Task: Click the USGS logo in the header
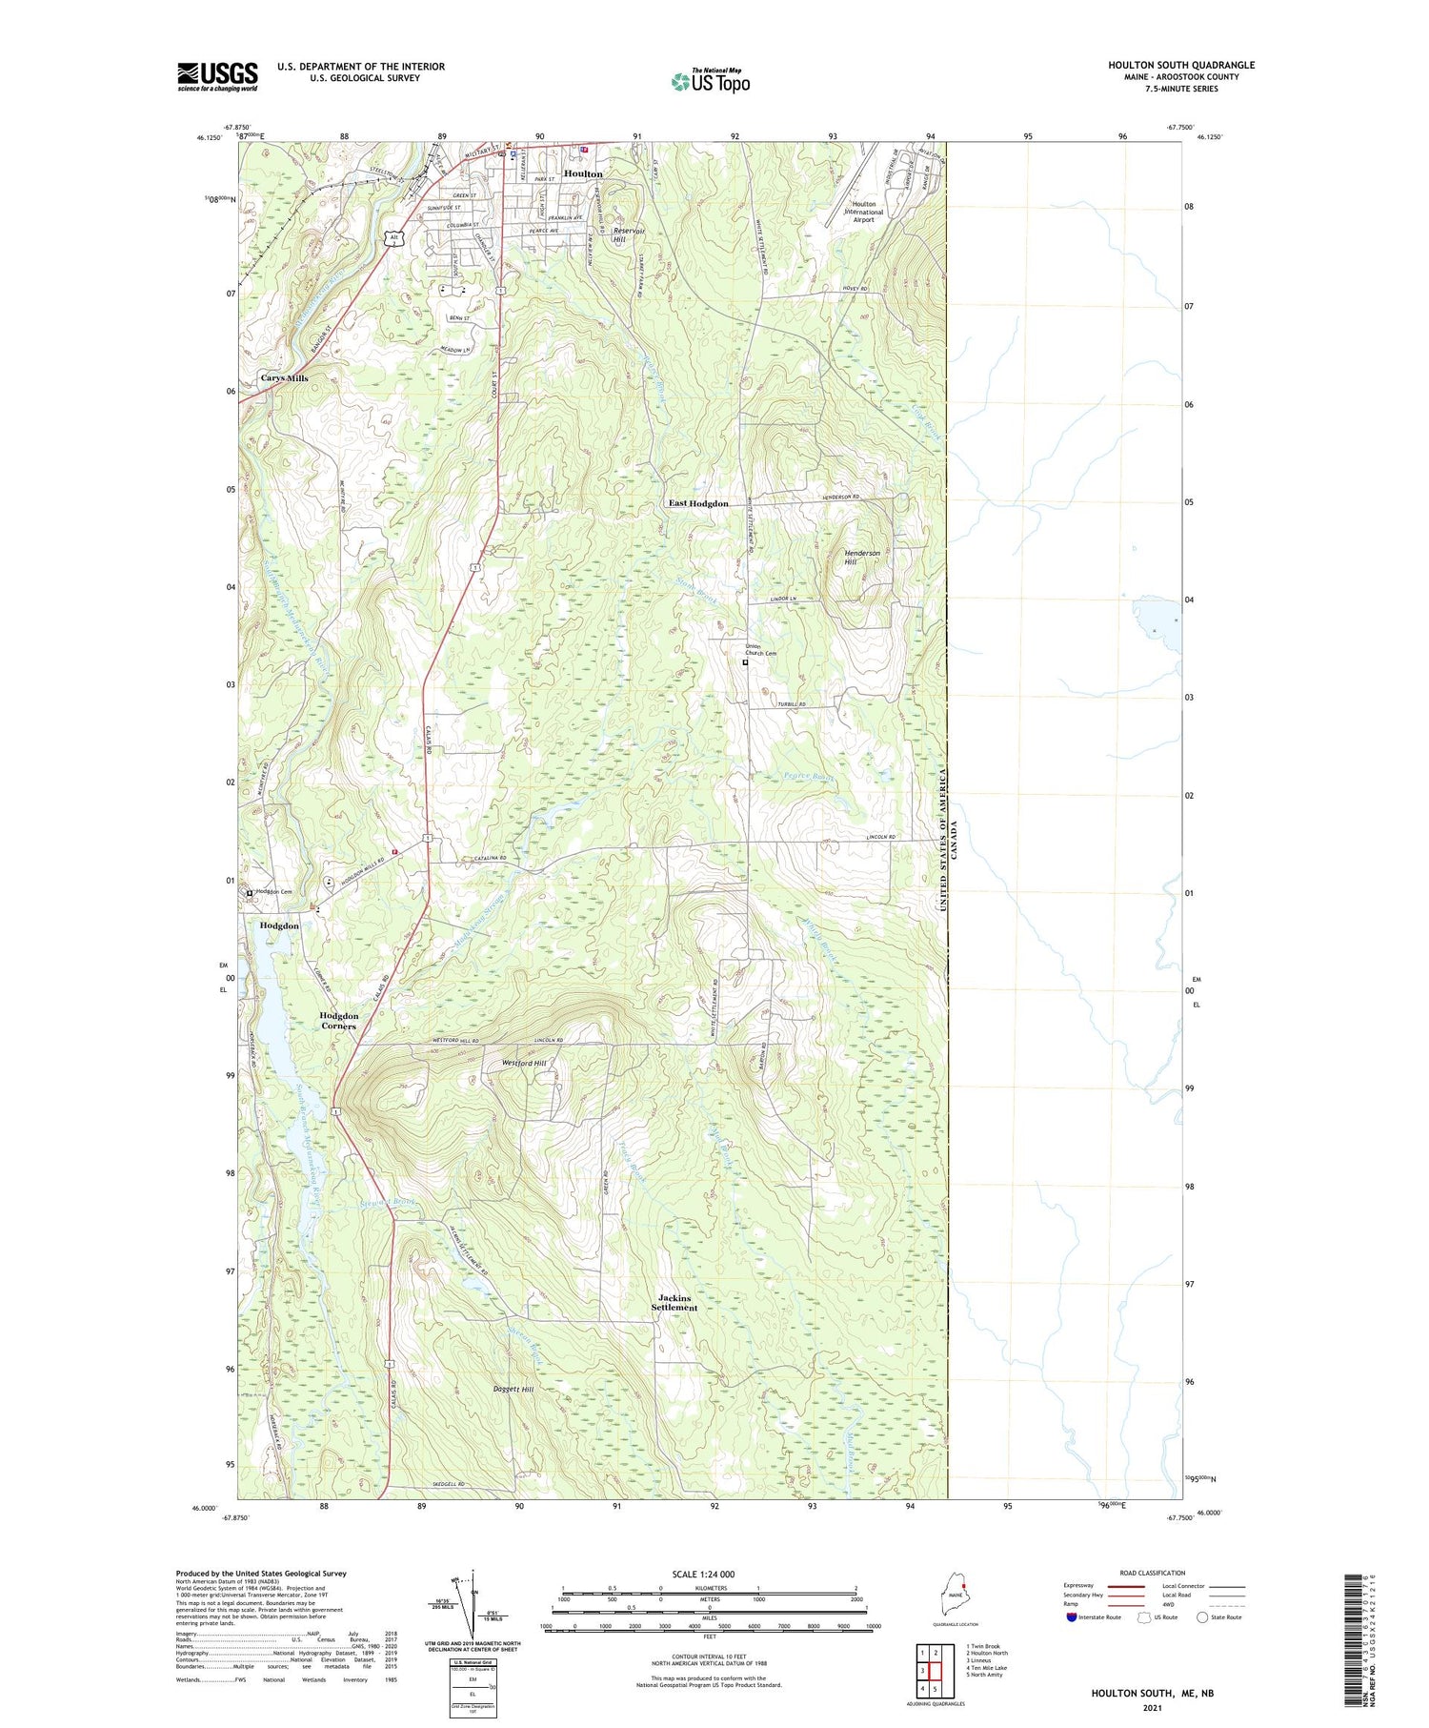click(x=217, y=76)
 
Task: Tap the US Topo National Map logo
click(x=710, y=81)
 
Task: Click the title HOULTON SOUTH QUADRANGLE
click(x=1180, y=65)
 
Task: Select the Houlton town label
click(x=583, y=173)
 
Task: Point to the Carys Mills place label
click(x=284, y=378)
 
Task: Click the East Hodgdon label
click(x=698, y=503)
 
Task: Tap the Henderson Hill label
click(x=862, y=558)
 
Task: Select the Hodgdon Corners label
click(x=339, y=1021)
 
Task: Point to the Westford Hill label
click(x=525, y=1063)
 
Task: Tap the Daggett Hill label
click(x=513, y=1390)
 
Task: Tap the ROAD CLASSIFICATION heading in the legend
click(x=1153, y=1573)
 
